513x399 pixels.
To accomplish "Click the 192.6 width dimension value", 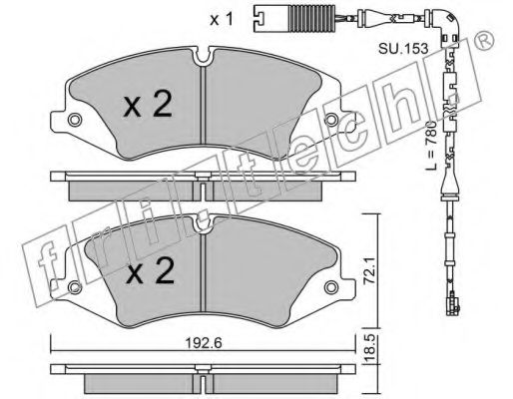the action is click(203, 343).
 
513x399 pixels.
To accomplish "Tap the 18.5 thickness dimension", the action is click(370, 349).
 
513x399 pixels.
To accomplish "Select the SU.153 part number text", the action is click(403, 49).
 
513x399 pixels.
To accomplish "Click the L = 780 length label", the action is click(431, 146).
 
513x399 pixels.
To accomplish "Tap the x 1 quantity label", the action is click(222, 20).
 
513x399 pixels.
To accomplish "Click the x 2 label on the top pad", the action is click(148, 104).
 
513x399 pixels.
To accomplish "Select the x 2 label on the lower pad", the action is click(151, 270).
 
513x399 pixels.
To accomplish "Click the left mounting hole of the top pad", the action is click(75, 120).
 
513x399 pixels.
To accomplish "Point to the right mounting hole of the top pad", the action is click(331, 120).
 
